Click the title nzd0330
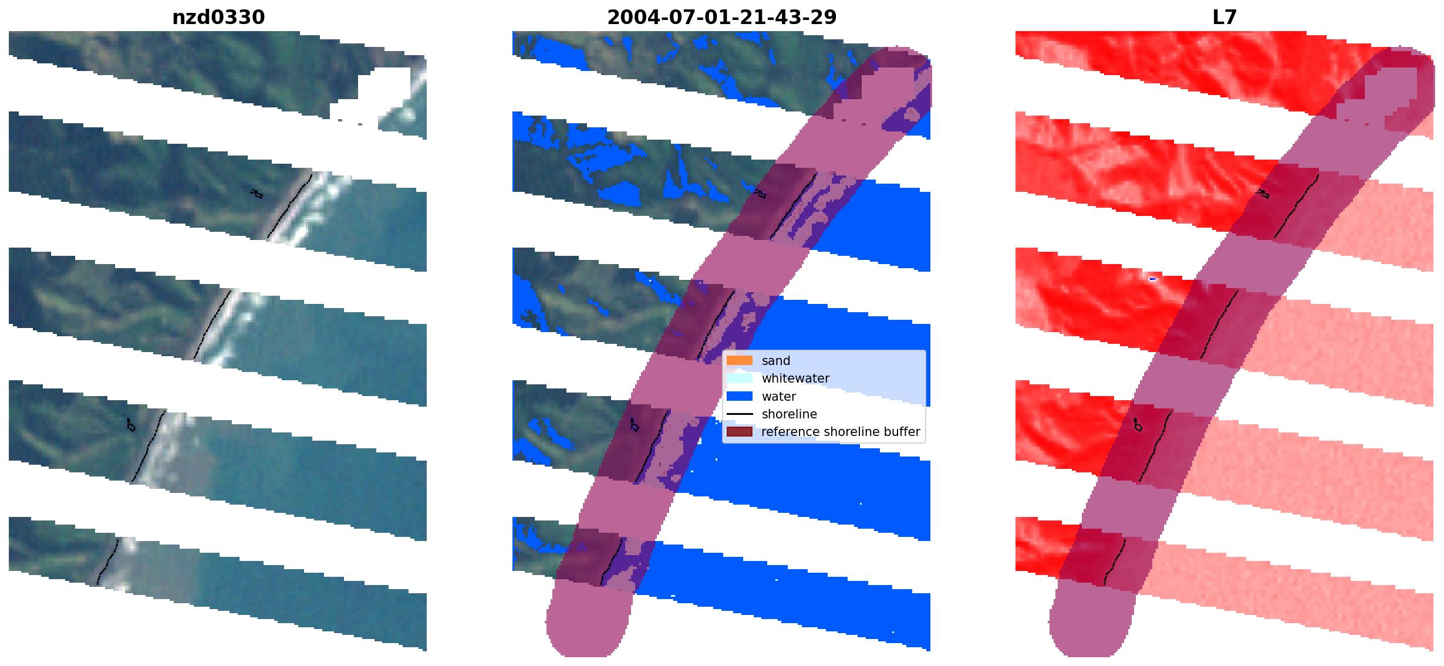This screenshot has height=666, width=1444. (x=218, y=18)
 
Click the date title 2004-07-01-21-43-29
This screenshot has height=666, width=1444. (x=721, y=18)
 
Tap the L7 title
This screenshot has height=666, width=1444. (x=1224, y=18)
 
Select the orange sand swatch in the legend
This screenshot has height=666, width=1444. (x=740, y=360)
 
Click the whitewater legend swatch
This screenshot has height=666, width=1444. (x=740, y=378)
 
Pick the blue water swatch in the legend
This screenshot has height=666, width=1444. (x=740, y=396)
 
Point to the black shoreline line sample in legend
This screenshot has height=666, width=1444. (x=740, y=414)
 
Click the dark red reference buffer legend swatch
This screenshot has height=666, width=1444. (x=740, y=432)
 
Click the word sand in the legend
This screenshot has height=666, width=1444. (x=776, y=361)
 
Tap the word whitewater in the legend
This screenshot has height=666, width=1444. (x=795, y=378)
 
